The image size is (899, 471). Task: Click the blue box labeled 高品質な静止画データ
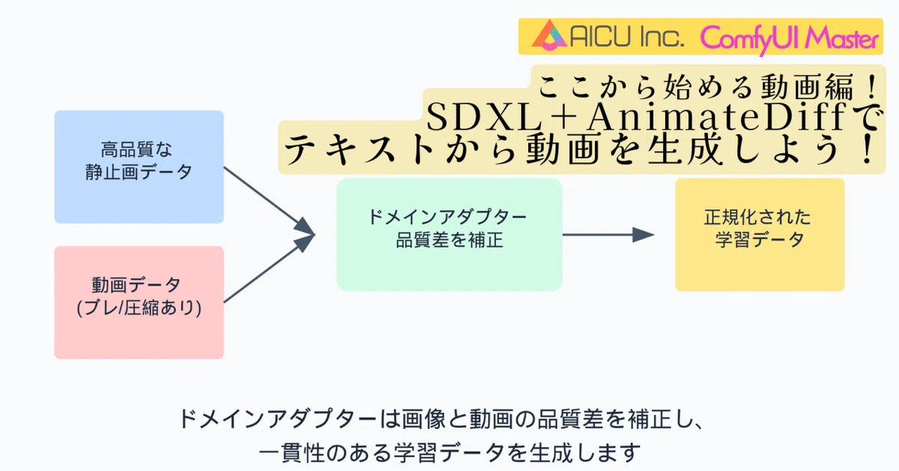coord(139,166)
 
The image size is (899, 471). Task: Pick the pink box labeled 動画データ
coord(139,301)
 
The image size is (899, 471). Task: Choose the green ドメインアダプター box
coord(449,234)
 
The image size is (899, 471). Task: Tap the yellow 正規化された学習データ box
coord(759,234)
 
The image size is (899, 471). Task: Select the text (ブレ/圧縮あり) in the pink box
coord(139,307)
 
